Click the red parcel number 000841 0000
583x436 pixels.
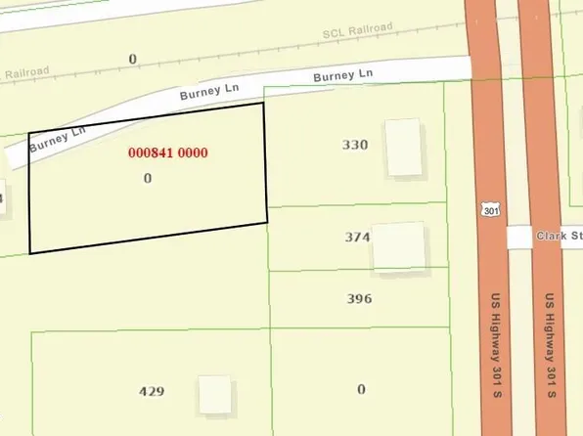pos(168,153)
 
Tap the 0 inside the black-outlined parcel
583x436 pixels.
pos(148,179)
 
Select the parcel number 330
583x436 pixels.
pos(355,145)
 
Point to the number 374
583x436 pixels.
pos(357,237)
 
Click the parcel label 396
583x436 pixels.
pos(359,299)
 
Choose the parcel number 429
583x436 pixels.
pos(152,392)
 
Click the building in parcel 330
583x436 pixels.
pos(403,148)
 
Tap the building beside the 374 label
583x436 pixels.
pos(399,246)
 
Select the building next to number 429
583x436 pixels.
pos(215,394)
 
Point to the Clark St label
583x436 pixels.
pos(558,238)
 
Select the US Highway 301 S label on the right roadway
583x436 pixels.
pos(550,341)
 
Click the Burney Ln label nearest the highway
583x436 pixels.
pos(343,75)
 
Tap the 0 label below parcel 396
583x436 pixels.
pos(361,389)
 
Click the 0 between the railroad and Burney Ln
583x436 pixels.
pos(132,60)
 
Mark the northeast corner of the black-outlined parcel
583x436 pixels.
pos(263,104)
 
